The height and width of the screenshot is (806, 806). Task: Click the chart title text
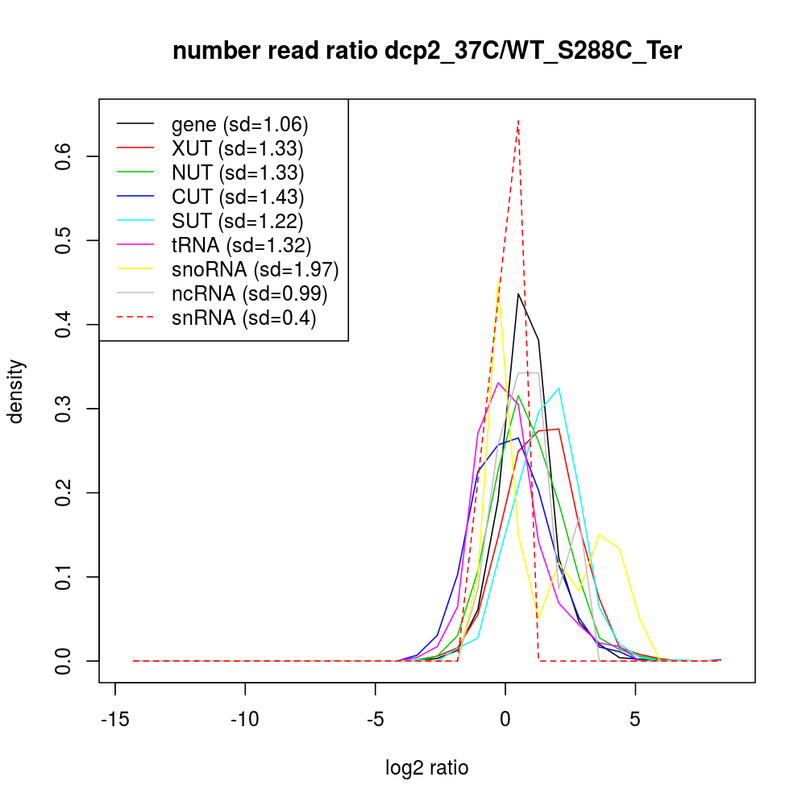pos(427,52)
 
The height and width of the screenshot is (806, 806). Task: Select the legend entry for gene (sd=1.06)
pos(240,124)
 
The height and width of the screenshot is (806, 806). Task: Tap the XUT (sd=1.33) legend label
pos(237,148)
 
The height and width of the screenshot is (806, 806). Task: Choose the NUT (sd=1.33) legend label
pos(237,172)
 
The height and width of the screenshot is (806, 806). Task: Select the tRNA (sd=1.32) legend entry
pos(241,245)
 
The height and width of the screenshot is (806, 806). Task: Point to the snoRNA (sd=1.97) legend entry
pos(255,269)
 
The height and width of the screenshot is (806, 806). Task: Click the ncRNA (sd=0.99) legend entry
pos(249,293)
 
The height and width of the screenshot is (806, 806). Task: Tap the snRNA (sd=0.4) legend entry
pos(243,318)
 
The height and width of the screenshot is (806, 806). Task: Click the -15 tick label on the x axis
pos(115,718)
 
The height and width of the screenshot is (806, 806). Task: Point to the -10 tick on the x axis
pos(245,718)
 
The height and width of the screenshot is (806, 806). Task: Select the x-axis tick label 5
pos(635,718)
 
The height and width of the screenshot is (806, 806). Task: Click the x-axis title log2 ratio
pos(427,768)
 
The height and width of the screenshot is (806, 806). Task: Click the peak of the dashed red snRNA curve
pos(518,120)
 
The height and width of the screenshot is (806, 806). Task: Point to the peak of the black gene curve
pos(518,293)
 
